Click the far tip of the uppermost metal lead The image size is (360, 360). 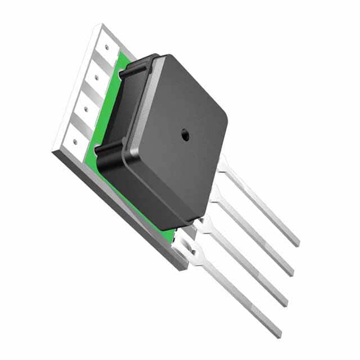(x=296, y=242)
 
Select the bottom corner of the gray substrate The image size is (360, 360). (x=179, y=267)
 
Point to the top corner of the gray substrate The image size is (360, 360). (x=102, y=25)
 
